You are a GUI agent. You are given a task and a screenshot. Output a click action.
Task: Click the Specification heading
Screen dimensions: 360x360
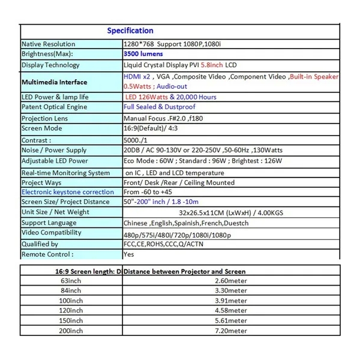point(130,31)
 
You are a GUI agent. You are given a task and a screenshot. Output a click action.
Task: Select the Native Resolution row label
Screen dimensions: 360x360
point(49,44)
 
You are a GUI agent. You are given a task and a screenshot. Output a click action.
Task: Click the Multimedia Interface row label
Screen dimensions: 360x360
point(55,82)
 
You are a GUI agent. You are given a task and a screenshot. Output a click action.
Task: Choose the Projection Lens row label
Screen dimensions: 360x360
point(46,118)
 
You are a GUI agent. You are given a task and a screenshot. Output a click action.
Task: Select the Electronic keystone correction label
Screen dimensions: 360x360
point(67,192)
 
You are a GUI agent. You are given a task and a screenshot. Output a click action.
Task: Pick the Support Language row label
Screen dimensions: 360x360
point(49,223)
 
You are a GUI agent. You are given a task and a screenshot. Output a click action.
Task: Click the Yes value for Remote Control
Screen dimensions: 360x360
point(128,254)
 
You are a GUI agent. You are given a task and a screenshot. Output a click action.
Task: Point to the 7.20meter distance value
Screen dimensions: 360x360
point(231,331)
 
